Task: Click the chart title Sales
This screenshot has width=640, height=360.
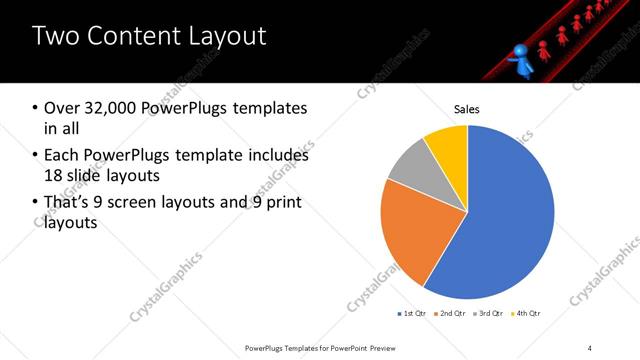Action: click(x=467, y=109)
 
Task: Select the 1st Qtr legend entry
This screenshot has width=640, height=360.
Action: click(x=412, y=314)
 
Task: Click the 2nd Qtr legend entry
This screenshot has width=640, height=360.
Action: click(x=450, y=314)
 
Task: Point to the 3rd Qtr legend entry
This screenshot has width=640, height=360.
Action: click(x=488, y=314)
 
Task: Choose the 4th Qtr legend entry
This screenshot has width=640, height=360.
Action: click(x=526, y=314)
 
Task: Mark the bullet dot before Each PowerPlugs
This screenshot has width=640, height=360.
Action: click(x=35, y=155)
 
